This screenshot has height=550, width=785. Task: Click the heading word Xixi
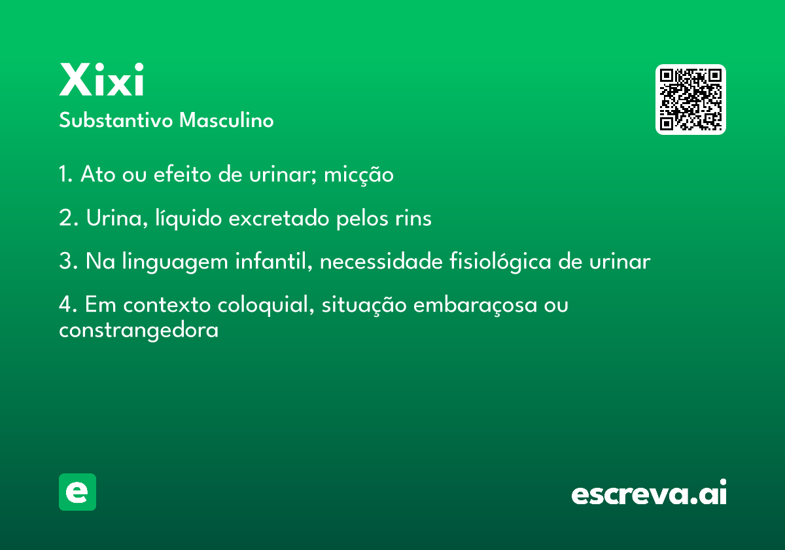[x=101, y=79]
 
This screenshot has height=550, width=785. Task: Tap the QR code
[x=690, y=100]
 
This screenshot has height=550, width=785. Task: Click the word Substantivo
[x=116, y=120]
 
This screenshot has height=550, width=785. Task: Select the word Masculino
[x=226, y=120]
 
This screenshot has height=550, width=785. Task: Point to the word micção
[x=358, y=175]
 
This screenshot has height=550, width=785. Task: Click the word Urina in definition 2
[x=114, y=218]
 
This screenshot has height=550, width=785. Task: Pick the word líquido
[x=188, y=219]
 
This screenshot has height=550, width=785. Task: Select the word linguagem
[x=175, y=262]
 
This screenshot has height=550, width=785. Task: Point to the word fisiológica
[x=500, y=262]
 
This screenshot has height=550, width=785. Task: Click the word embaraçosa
[x=475, y=305]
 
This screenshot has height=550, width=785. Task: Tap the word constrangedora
[x=139, y=331]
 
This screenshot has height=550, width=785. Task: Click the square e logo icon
[x=77, y=492]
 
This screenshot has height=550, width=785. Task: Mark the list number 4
[x=68, y=304]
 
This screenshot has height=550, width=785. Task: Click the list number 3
[x=68, y=261]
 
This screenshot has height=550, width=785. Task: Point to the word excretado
[x=279, y=218]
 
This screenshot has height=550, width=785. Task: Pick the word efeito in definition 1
[x=182, y=174]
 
